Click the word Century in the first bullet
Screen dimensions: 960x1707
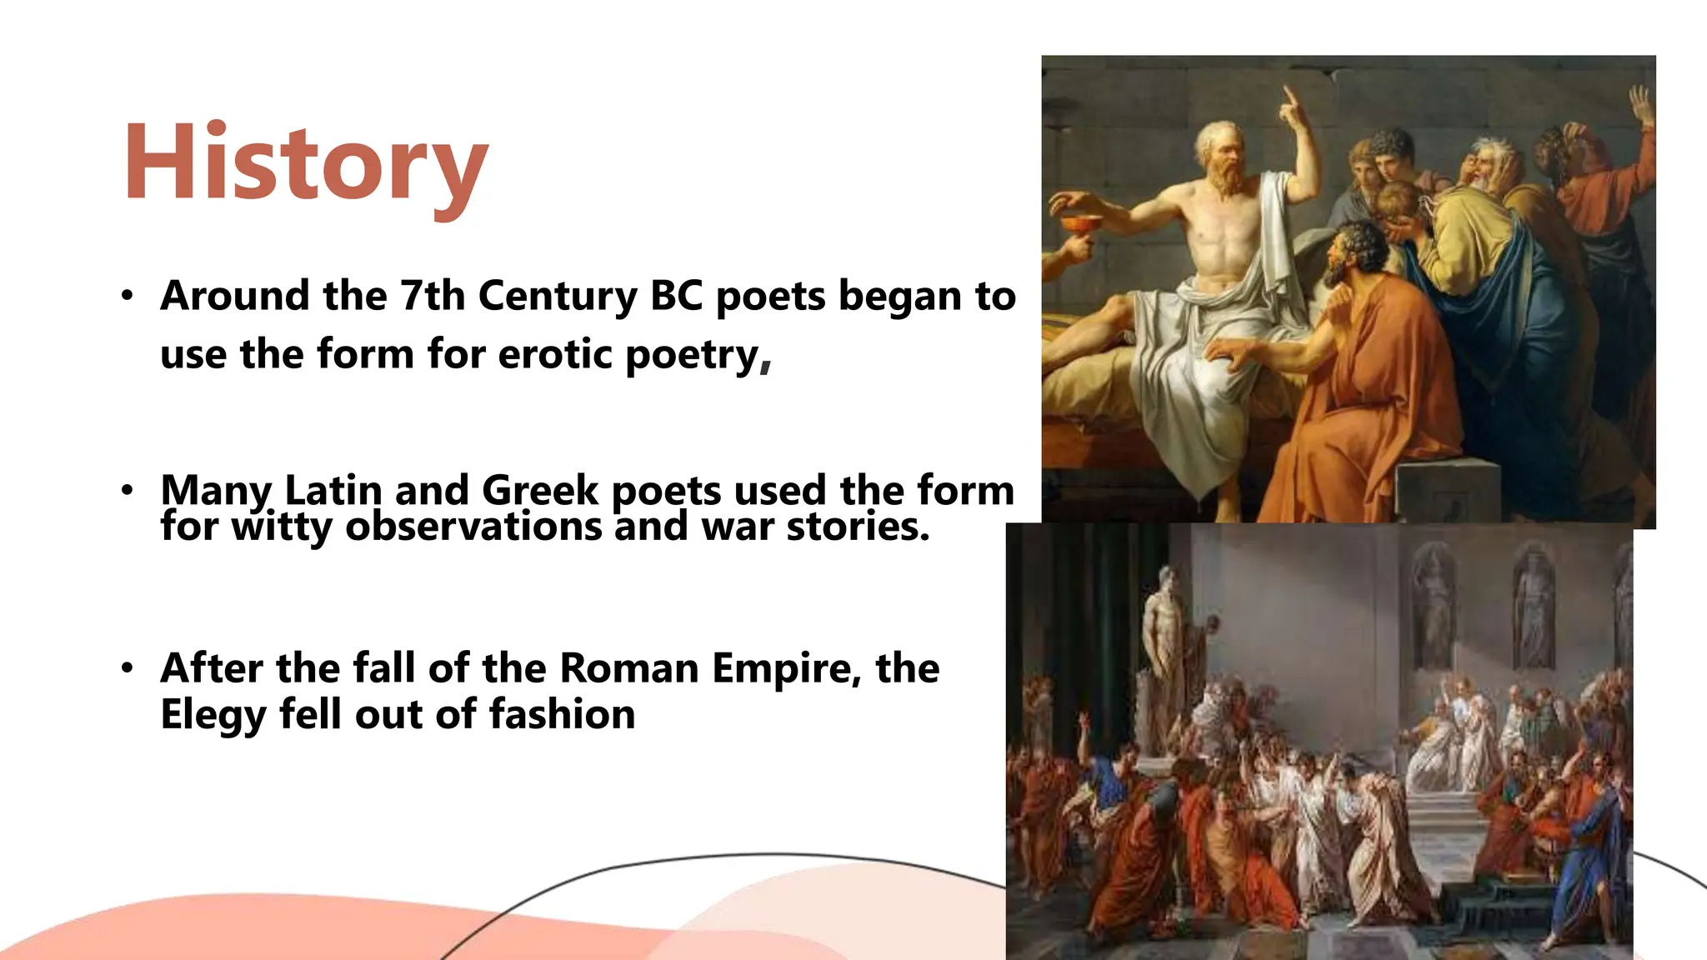557,296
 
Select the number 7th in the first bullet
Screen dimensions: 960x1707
431,296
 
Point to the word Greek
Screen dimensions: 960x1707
540,490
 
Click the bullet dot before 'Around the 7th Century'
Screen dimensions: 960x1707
127,296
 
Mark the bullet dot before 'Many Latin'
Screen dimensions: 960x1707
127,490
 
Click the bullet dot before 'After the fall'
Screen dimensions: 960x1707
127,668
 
